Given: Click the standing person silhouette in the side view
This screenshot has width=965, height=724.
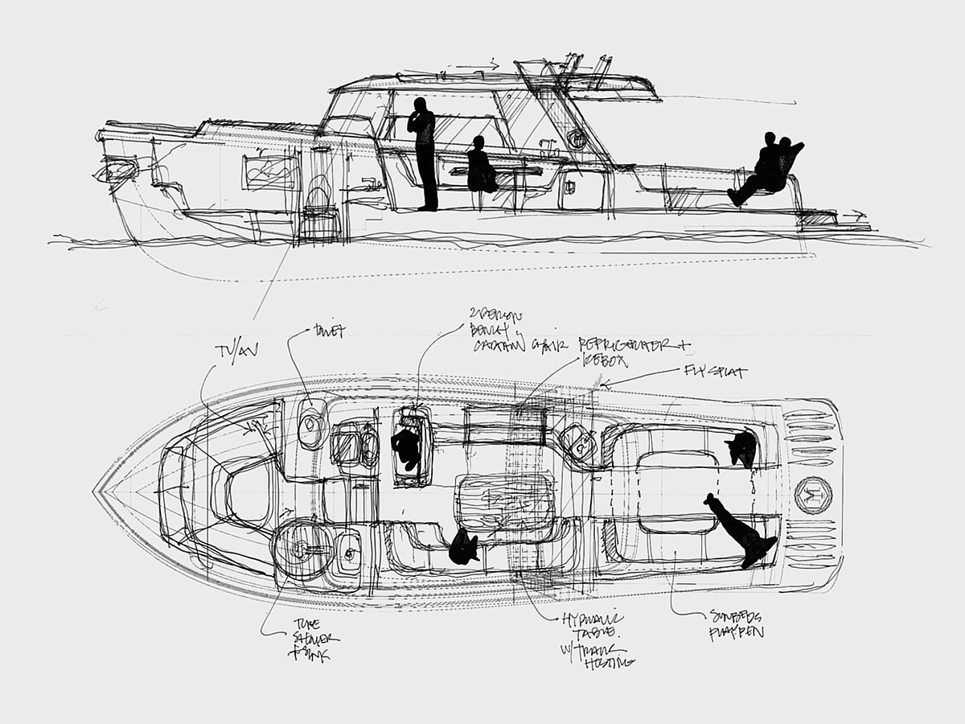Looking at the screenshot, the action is tap(423, 153).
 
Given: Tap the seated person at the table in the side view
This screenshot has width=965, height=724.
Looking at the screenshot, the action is tap(481, 167).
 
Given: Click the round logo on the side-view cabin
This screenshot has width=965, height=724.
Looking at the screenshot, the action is tap(577, 138).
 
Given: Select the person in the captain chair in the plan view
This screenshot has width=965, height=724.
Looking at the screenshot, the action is tap(406, 447).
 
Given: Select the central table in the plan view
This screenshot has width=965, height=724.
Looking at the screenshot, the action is tap(504, 503).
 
